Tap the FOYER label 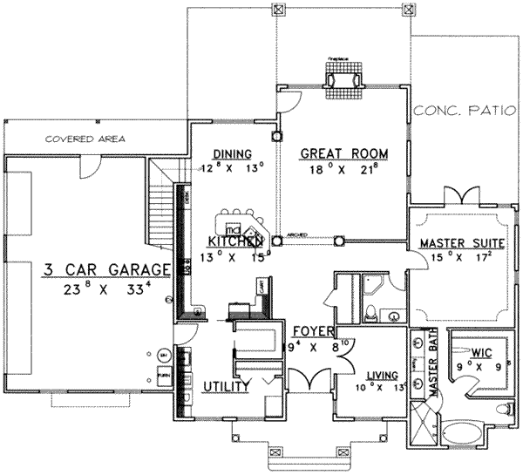tap(309, 331)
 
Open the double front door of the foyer tap(309, 380)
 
